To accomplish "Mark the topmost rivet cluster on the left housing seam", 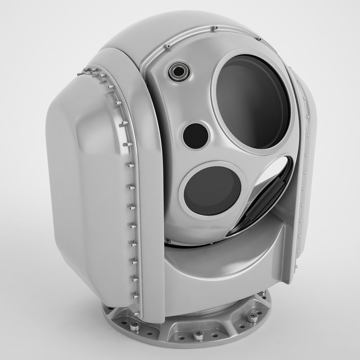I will pos(89,70).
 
